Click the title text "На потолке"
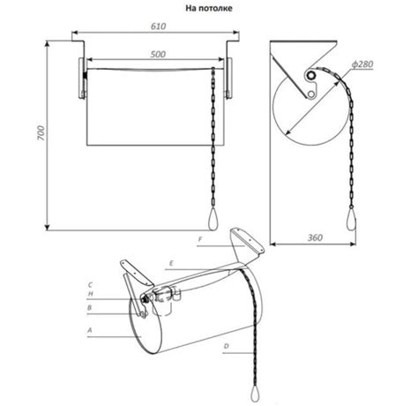coord(209,8)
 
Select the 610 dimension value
coord(159,26)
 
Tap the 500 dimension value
coord(158,54)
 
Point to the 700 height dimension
coord(41,133)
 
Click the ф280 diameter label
coord(362,64)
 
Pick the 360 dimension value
coord(315,237)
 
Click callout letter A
coord(90,330)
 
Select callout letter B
coord(90,308)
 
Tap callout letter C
coord(90,285)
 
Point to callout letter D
coord(226,346)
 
